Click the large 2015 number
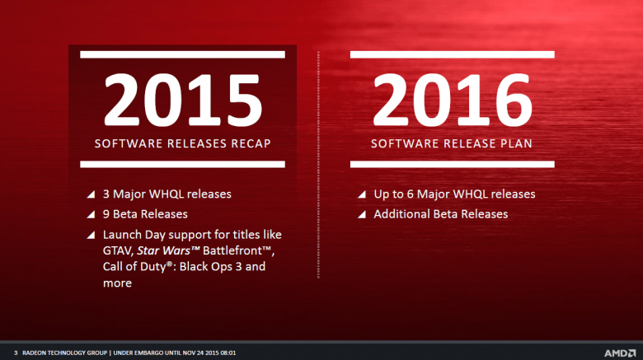click(x=182, y=101)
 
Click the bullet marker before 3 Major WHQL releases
click(x=90, y=195)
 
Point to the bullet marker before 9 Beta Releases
click(x=90, y=215)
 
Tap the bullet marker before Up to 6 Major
click(x=361, y=195)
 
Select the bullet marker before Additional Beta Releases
click(x=361, y=215)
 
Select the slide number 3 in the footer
click(x=16, y=352)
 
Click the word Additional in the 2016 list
click(x=402, y=214)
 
